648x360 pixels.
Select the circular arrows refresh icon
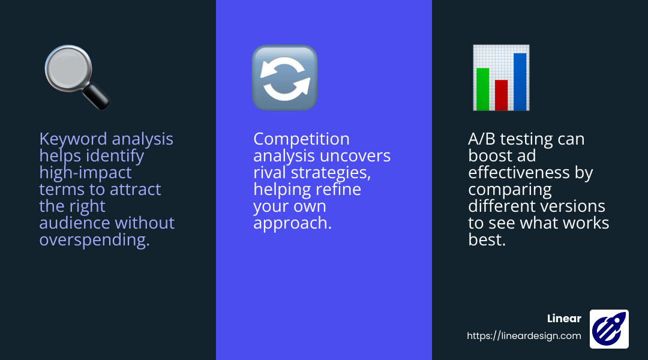284,78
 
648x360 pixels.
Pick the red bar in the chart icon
501,94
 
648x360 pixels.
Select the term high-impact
85,173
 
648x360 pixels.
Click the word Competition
301,139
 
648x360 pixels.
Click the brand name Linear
564,319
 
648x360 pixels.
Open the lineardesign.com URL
524,336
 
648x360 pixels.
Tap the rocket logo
609,329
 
